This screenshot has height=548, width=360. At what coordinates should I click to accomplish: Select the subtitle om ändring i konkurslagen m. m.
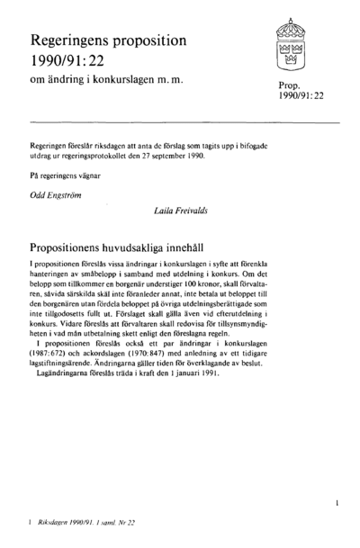(106, 82)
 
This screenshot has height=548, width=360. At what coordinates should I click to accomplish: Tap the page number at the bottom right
(336, 495)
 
